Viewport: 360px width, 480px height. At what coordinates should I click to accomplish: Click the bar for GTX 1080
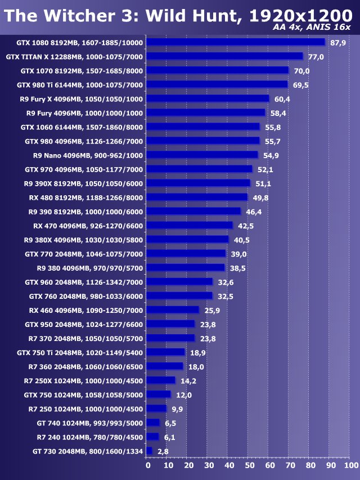point(236,42)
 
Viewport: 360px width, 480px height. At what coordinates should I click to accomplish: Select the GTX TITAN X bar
point(224,56)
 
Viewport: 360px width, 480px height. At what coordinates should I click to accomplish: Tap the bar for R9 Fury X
point(208,98)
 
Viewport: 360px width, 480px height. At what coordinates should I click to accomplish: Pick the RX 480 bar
point(197,197)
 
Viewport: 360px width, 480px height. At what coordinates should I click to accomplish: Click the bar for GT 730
point(149,451)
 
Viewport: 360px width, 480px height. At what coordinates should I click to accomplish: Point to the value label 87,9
point(338,43)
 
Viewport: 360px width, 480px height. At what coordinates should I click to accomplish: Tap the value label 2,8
point(163,451)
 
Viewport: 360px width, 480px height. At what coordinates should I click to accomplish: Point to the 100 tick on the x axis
point(350,466)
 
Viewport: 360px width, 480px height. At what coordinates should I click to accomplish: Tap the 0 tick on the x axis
point(148,466)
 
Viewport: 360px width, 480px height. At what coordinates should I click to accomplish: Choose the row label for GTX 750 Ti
point(80,352)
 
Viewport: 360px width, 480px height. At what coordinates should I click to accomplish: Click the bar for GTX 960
point(179,281)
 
